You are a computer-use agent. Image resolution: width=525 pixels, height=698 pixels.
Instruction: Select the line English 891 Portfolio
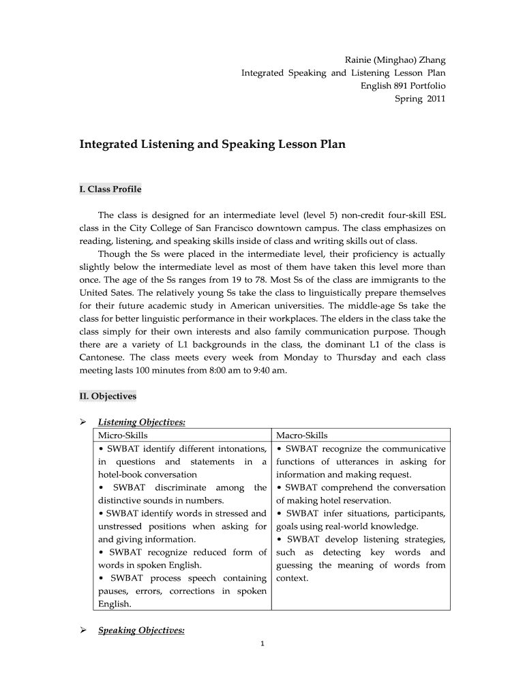403,86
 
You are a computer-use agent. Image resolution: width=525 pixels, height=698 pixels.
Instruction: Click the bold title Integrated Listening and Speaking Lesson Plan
213,145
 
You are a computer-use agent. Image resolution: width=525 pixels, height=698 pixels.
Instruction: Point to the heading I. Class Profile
110,189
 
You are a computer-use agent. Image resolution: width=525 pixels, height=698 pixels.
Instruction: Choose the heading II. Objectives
108,396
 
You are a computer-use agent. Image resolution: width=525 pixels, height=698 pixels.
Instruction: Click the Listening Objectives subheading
142,423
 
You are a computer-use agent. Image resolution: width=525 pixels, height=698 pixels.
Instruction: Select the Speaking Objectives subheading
141,631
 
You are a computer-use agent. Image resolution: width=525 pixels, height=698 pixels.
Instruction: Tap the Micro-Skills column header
123,436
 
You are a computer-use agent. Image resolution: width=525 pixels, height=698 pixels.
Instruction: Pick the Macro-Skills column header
301,436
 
